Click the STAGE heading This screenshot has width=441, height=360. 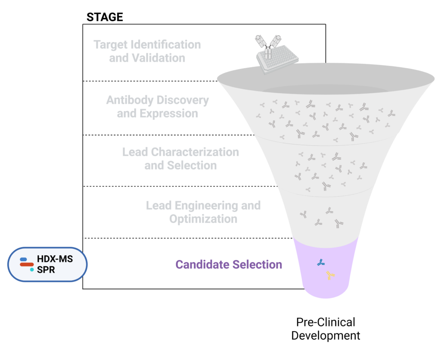pos(105,17)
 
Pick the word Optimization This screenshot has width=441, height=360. pos(203,219)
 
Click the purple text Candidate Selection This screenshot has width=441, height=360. pos(229,264)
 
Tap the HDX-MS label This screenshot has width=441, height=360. pos(55,260)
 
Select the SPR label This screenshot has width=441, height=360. pos(46,270)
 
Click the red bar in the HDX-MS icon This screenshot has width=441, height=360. pos(27,264)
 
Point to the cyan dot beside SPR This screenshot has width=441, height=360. pos(32,270)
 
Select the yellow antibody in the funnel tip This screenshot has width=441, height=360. pos(330,275)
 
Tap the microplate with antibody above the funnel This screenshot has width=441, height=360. pos(276,56)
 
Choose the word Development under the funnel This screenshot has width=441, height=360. pos(326,335)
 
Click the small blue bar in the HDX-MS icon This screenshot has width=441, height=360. pos(24,260)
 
